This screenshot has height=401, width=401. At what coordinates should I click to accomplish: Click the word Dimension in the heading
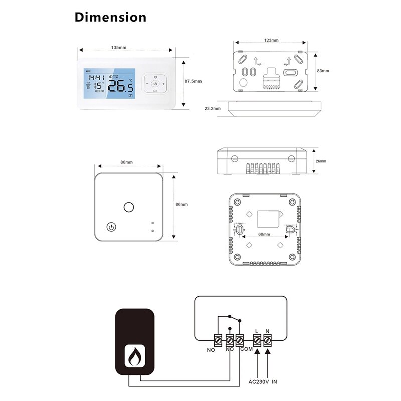pyautogui.click(x=111, y=17)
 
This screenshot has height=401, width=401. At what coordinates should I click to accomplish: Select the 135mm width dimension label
pyautogui.click(x=118, y=48)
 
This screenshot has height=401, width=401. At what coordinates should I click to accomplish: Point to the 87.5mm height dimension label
pyautogui.click(x=193, y=81)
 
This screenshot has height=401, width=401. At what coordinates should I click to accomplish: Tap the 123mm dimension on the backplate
pyautogui.click(x=271, y=40)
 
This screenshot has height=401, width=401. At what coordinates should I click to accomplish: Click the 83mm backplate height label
pyautogui.click(x=323, y=71)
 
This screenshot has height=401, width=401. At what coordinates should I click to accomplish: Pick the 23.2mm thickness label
pyautogui.click(x=213, y=108)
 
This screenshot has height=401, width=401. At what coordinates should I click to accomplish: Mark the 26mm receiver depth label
pyautogui.click(x=321, y=161)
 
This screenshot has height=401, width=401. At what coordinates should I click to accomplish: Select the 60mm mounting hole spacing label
pyautogui.click(x=263, y=234)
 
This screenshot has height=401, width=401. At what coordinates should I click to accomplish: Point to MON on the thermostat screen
pyautogui.click(x=88, y=71)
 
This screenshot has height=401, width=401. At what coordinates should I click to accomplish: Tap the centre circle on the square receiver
pyautogui.click(x=129, y=206)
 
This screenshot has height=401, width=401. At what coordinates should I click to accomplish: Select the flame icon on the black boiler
pyautogui.click(x=134, y=355)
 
